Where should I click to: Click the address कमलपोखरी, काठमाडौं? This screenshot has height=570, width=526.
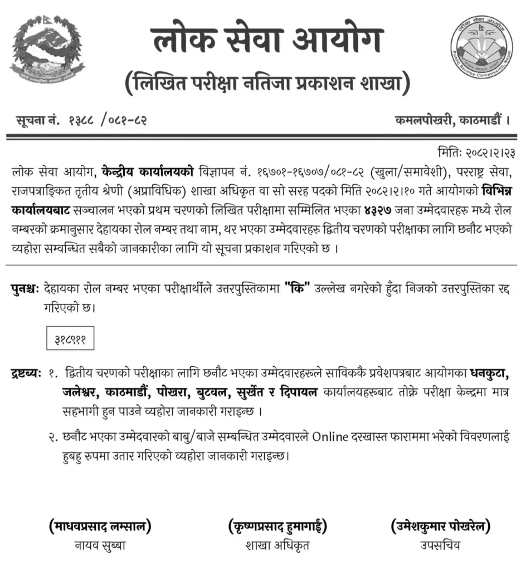(x=452, y=119)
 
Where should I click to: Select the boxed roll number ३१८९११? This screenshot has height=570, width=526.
(x=70, y=338)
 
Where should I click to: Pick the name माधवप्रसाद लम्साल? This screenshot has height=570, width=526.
(x=100, y=525)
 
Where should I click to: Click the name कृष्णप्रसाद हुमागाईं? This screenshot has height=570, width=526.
(x=277, y=525)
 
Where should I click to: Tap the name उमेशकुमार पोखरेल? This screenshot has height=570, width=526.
(x=441, y=525)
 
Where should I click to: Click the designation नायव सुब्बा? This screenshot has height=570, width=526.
(x=100, y=546)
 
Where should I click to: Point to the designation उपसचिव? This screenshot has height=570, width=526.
(x=441, y=546)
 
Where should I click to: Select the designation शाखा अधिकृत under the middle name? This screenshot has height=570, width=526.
(x=277, y=546)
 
